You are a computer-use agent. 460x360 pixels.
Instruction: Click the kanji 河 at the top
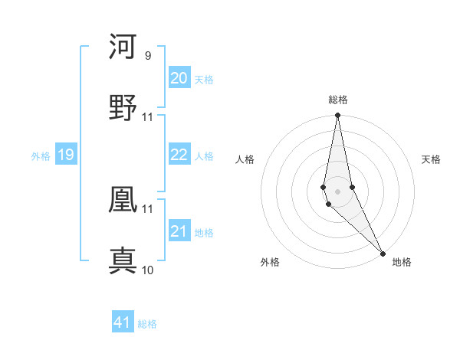tap(123, 47)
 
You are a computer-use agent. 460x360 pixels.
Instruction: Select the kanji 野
tap(123, 108)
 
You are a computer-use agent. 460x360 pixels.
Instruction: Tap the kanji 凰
tap(123, 200)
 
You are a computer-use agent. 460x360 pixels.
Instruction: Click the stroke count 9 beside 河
tap(147, 56)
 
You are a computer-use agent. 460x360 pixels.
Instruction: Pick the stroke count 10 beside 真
tap(148, 270)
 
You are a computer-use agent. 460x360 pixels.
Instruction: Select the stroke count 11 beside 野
tap(148, 117)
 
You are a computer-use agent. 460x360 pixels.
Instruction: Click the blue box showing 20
tap(179, 78)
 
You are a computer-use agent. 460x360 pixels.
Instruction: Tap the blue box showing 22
tap(179, 155)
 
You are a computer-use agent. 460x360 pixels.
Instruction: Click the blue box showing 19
tap(65, 155)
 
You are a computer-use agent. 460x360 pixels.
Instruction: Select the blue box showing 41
tap(123, 322)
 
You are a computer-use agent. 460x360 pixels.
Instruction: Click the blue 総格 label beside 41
tap(147, 324)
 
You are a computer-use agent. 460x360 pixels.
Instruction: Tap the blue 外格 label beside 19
tap(41, 156)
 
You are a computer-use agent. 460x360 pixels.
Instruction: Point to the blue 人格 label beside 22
tap(204, 156)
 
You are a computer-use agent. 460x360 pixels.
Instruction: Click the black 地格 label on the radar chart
tap(402, 262)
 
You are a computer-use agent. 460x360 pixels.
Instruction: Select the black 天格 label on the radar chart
tap(431, 159)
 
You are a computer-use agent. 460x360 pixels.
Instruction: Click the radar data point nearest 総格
tap(337, 116)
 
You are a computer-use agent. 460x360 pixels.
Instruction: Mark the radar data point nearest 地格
tap(383, 254)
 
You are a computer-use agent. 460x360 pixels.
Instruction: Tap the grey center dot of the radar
tap(337, 191)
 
